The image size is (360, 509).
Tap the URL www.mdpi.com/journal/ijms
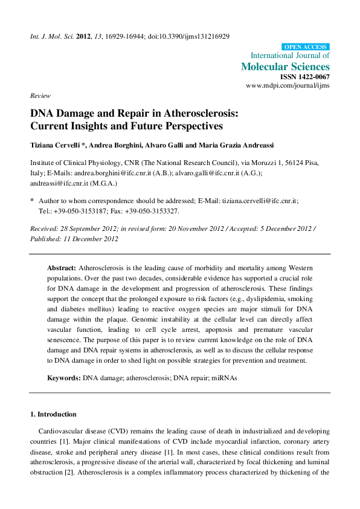pyautogui.click(x=288, y=86)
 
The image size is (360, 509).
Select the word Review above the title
pyautogui.click(x=40, y=96)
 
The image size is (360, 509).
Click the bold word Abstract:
pyautogui.click(x=62, y=267)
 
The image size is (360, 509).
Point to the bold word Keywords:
pyautogui.click(x=65, y=377)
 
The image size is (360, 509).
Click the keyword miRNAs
pyautogui.click(x=224, y=377)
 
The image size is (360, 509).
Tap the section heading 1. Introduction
pyautogui.click(x=53, y=414)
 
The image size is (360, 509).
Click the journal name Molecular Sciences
pyautogui.click(x=285, y=66)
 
